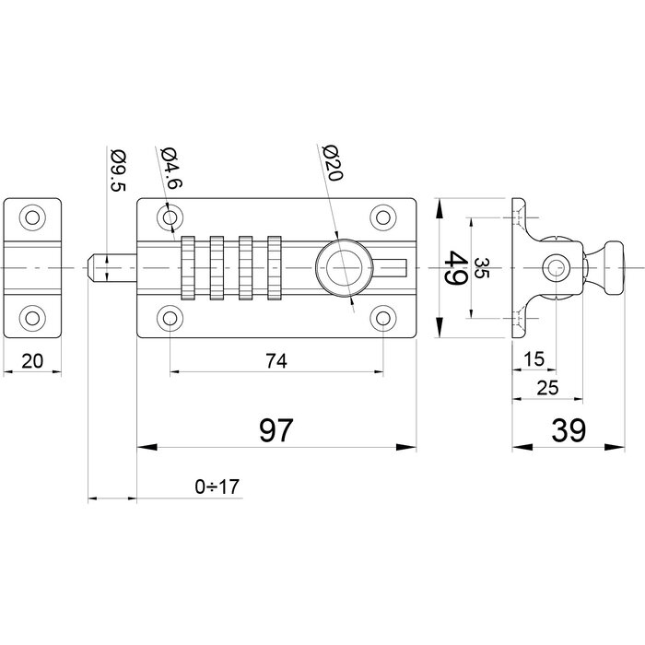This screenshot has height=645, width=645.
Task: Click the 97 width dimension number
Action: pos(274,430)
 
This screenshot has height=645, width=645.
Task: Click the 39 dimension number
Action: pos(565,430)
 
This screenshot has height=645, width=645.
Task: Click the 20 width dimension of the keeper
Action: pos(32,361)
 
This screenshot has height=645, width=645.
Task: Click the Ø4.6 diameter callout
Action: pos(168,169)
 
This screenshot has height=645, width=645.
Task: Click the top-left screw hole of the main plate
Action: pos(170,217)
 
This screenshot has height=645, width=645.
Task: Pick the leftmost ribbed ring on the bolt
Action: pos(188,267)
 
